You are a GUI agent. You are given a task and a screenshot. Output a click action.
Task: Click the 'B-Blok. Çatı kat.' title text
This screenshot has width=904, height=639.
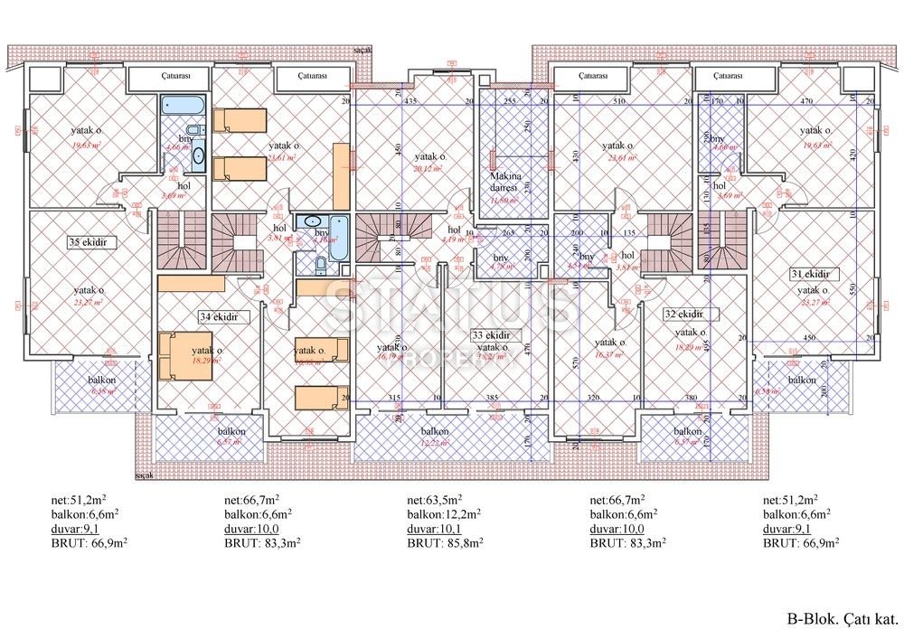click(841, 620)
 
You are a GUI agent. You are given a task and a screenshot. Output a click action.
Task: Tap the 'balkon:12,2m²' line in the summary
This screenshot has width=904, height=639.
click(444, 513)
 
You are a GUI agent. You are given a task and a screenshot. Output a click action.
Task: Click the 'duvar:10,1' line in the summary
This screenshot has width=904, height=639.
click(432, 529)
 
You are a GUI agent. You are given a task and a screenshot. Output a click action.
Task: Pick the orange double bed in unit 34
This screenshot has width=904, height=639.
click(184, 357)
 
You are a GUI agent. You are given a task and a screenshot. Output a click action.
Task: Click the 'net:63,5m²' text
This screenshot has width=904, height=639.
click(435, 499)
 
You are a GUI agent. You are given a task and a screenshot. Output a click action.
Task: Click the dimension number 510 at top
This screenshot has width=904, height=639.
click(618, 103)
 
